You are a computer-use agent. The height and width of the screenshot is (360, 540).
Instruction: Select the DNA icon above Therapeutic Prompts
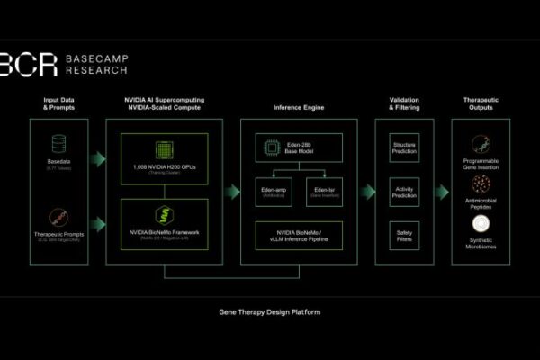[58, 215]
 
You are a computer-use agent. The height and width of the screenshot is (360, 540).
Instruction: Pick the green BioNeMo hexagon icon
[164, 215]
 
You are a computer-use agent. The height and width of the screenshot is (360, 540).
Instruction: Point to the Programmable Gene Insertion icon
[480, 145]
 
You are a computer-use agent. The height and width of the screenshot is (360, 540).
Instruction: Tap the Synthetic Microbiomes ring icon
[480, 226]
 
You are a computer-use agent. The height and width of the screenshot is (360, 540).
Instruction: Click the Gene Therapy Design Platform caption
[269, 312]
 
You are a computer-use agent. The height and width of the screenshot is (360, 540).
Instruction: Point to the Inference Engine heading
[298, 107]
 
